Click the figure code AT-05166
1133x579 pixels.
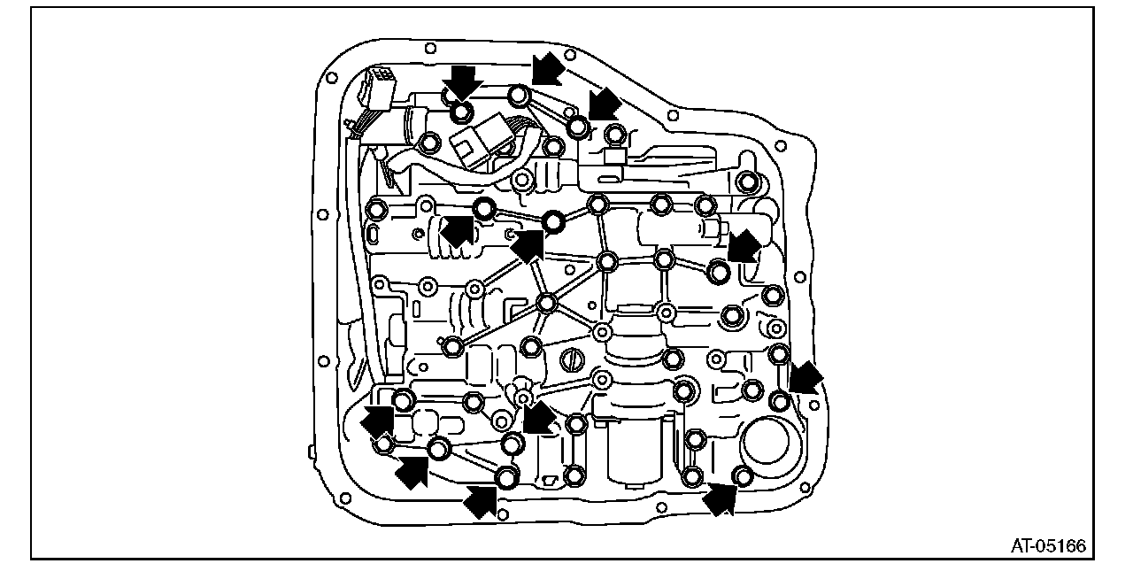1048,545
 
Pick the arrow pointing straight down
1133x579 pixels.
463,82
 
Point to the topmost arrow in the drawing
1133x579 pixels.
549,66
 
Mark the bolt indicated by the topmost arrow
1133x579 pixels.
520,96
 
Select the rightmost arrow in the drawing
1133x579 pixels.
805,378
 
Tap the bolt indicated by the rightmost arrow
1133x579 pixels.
780,401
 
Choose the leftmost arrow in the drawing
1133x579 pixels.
379,421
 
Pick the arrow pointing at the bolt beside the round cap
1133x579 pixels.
721,499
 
